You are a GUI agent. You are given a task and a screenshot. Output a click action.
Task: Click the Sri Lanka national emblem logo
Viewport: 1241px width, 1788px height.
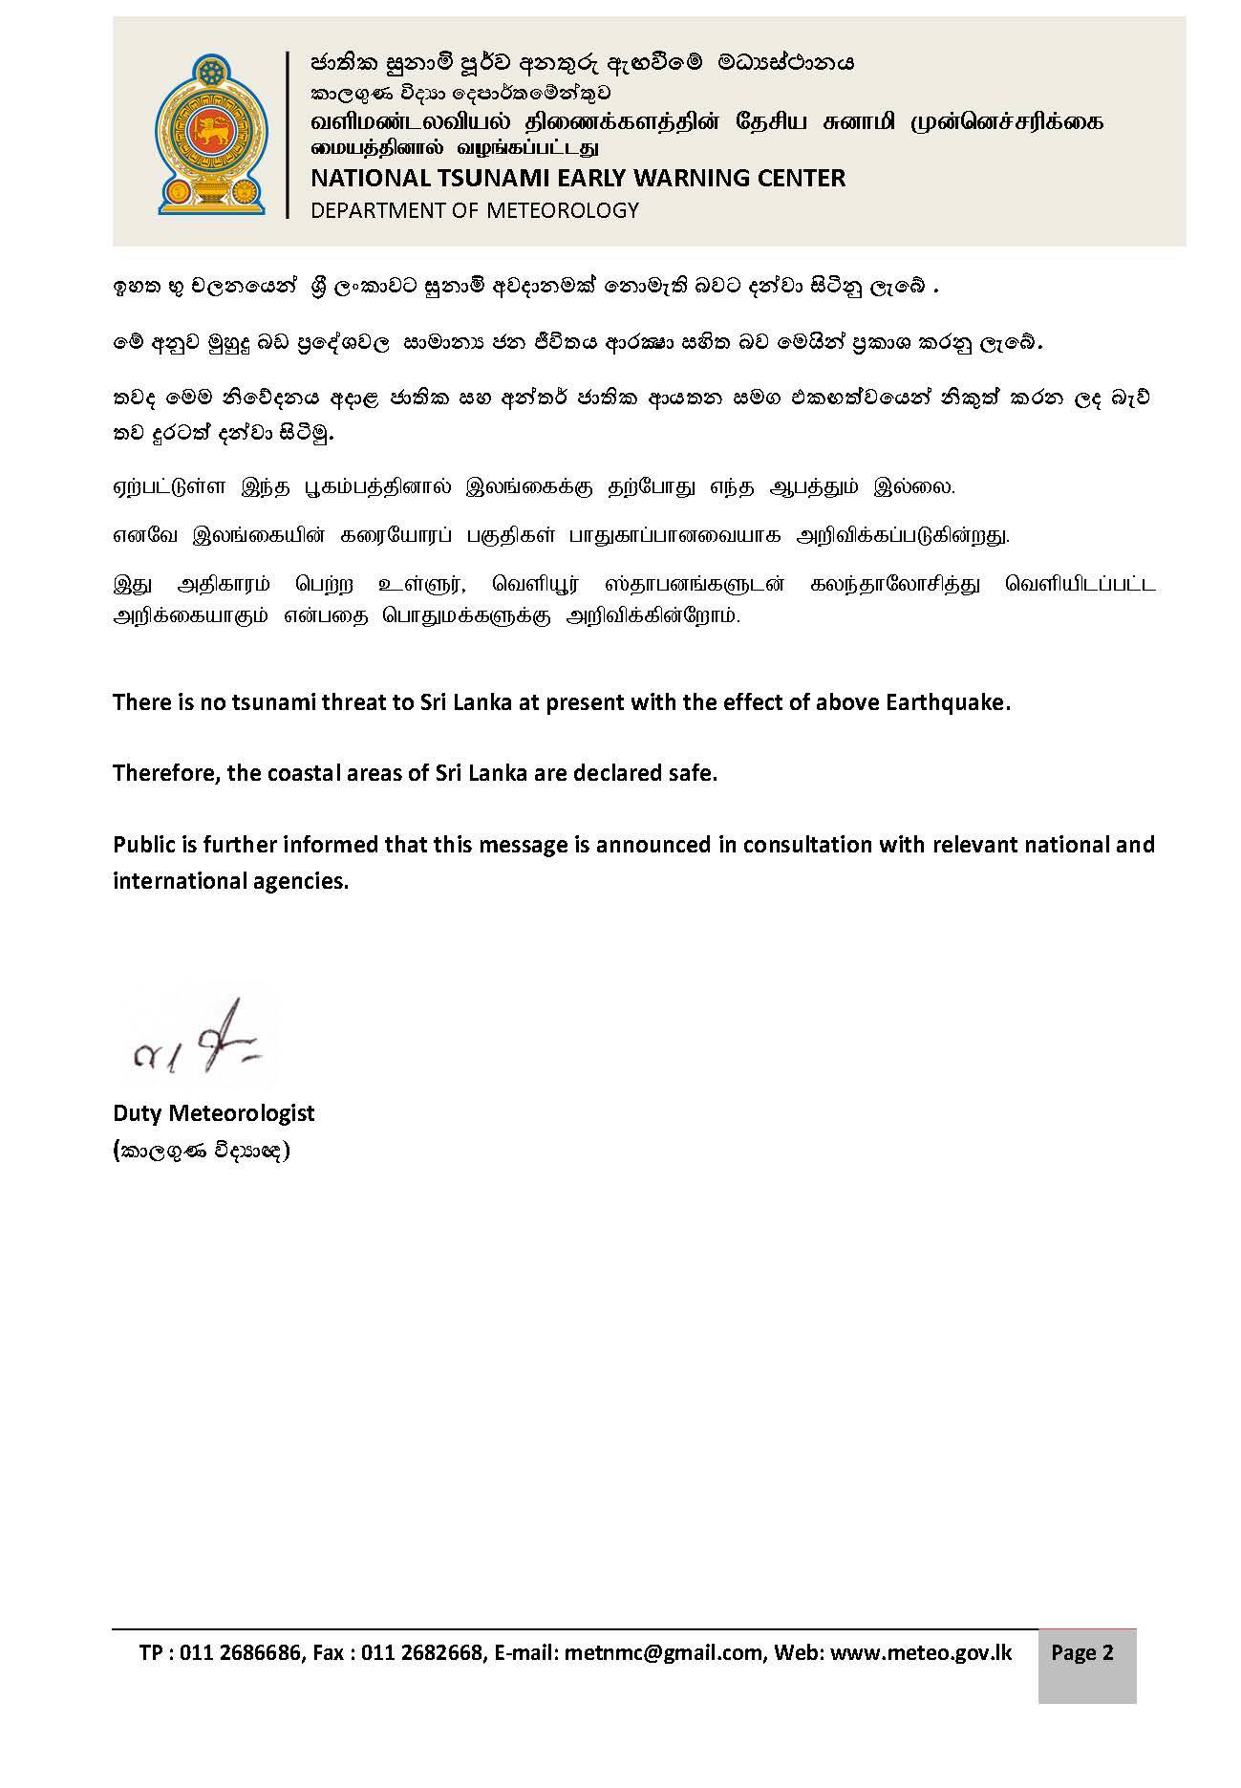click(212, 134)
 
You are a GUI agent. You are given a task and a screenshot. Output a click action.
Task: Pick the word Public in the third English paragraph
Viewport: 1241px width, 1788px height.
click(142, 845)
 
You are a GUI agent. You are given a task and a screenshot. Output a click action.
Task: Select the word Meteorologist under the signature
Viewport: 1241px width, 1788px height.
click(255, 1113)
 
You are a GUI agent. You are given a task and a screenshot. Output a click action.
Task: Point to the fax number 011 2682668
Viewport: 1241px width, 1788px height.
click(422, 1653)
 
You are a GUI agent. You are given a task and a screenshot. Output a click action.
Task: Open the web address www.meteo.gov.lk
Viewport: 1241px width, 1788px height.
click(921, 1653)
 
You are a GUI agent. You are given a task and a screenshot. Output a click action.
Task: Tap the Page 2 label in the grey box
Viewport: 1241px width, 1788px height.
click(1082, 1653)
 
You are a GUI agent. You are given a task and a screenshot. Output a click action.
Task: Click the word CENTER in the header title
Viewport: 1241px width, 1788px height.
click(802, 179)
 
